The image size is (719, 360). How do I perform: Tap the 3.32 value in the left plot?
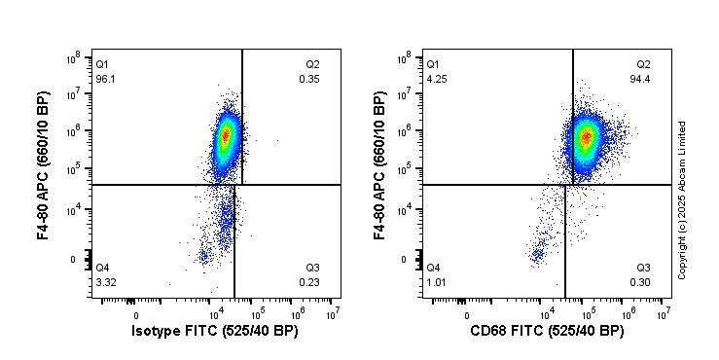coord(105,282)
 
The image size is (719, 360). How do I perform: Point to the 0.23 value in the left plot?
coord(310,282)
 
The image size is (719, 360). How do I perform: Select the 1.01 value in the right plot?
coord(436,282)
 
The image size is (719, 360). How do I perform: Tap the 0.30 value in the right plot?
coord(642,282)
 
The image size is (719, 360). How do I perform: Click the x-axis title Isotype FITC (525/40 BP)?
coord(215,332)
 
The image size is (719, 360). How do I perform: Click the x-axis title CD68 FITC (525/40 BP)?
coord(546,332)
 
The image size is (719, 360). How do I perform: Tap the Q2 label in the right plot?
coord(643,64)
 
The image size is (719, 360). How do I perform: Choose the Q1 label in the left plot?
coord(102,64)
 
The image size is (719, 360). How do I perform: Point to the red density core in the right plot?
coord(586,137)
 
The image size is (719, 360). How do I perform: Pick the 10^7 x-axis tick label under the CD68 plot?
coord(663,312)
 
